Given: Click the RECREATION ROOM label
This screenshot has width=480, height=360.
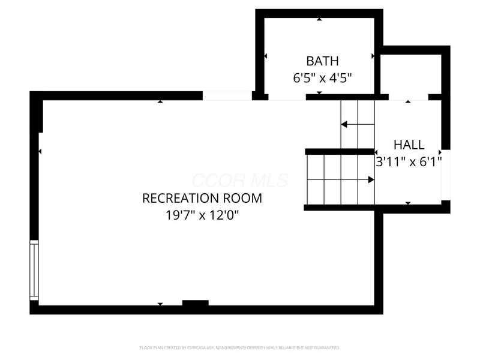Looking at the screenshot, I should click(x=202, y=198).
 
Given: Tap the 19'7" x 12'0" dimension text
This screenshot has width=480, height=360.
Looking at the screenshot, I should click(x=202, y=214).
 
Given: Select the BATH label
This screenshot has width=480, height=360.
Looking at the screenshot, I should click(x=322, y=61).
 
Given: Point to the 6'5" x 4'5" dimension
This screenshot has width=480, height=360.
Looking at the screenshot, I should click(x=322, y=77).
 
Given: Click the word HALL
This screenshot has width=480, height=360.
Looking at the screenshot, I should click(x=409, y=145).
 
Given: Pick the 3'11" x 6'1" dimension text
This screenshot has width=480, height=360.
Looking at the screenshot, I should click(x=409, y=161).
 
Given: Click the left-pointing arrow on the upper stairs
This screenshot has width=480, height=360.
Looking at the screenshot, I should click(x=344, y=125).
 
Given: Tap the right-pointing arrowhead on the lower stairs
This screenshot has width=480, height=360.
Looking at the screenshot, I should click(x=371, y=179).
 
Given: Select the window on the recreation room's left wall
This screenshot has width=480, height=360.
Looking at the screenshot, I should click(x=34, y=270).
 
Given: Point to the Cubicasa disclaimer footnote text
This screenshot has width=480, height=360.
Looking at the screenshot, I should click(x=240, y=347).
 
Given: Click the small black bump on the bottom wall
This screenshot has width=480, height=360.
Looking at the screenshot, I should click(x=195, y=303).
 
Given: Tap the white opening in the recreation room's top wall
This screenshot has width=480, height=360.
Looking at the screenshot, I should click(x=227, y=95).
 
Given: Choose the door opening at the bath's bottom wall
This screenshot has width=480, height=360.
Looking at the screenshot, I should click(x=287, y=97).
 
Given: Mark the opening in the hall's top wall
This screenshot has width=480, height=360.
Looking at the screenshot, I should click(x=409, y=97).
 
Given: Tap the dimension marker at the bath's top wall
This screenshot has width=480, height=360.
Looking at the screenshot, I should click(x=319, y=19).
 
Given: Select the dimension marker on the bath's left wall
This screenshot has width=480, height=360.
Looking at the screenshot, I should click(x=265, y=56).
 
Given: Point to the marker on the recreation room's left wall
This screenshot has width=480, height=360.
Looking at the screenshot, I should click(x=40, y=152).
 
